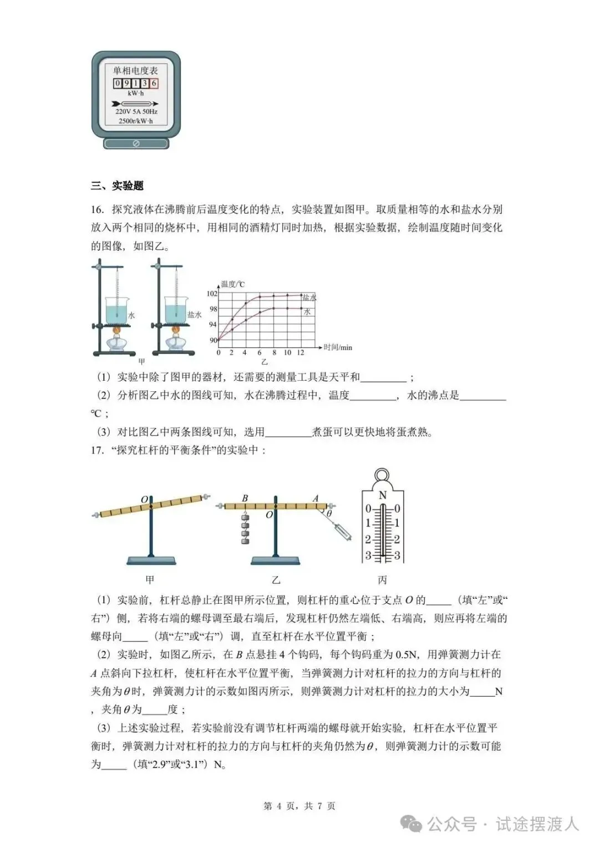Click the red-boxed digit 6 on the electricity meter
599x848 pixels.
pos(154,84)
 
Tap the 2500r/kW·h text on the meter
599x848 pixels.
pos(136,121)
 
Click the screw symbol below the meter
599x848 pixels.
pos(136,144)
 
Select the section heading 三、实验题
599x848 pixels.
pos(118,186)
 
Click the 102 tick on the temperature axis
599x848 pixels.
pos(212,294)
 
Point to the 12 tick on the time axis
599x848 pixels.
pos(301,352)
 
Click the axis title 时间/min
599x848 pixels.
pos(338,347)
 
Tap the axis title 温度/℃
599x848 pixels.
pos(233,284)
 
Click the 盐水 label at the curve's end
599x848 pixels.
pos(309,298)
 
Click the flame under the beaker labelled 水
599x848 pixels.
pos(117,332)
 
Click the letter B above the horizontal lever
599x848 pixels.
pos(245,498)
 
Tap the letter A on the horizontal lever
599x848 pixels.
pos(316,498)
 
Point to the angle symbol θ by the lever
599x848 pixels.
pos(328,514)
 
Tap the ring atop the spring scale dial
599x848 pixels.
pos(382,476)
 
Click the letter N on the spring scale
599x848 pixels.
pos(382,495)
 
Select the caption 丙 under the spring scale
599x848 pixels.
pos(382,581)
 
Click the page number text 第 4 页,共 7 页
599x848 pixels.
pos(299,806)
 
